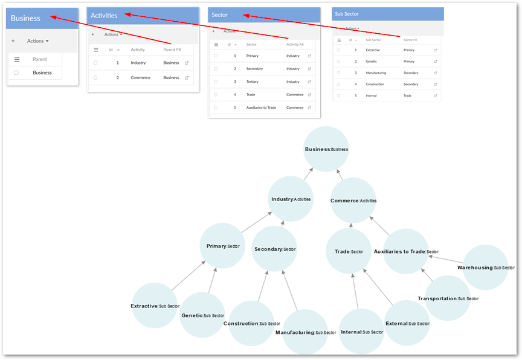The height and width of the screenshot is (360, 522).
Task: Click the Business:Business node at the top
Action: tap(326, 149)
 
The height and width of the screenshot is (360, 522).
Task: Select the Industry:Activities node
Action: tap(291, 199)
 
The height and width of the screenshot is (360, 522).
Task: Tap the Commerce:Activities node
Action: tap(353, 200)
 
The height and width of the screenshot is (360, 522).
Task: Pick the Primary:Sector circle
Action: tap(222, 246)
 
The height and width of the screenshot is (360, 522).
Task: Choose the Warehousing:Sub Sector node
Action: tap(485, 267)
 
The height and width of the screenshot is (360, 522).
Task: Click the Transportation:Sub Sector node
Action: tap(448, 298)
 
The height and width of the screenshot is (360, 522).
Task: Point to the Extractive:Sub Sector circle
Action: tap(155, 306)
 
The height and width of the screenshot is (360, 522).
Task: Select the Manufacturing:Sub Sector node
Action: tap(305, 332)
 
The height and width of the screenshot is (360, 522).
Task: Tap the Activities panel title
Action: tap(104, 16)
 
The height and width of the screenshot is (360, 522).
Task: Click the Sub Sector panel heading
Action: tap(347, 13)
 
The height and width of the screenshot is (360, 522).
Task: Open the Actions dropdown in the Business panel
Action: tap(37, 41)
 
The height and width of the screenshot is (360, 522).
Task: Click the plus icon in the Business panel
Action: tap(13, 41)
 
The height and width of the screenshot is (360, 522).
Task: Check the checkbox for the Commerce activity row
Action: tap(95, 78)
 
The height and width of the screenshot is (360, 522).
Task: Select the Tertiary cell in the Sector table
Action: tap(253, 82)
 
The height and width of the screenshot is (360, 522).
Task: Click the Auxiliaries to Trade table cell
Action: tap(261, 108)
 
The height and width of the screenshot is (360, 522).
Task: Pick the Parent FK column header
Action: tap(172, 50)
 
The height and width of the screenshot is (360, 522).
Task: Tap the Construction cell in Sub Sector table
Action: tap(376, 84)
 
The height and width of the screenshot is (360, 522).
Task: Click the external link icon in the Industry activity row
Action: tap(187, 63)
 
